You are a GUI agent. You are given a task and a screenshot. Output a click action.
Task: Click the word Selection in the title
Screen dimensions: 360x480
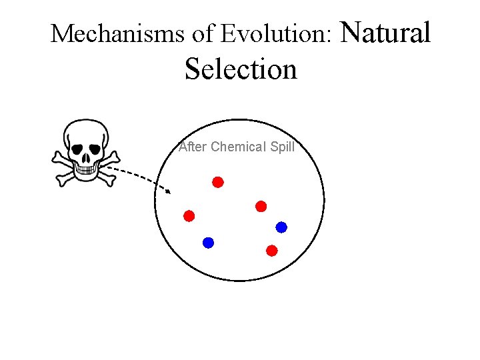point(241,69)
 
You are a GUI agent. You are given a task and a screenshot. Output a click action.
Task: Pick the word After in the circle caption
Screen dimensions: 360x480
point(193,147)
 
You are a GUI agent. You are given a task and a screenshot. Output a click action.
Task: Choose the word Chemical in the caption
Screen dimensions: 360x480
point(238,147)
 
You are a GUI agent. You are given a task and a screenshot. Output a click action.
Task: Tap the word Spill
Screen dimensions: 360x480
point(282,147)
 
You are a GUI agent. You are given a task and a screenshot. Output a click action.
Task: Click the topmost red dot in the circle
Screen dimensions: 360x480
point(218,182)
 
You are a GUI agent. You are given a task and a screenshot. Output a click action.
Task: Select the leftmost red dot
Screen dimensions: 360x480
point(189,216)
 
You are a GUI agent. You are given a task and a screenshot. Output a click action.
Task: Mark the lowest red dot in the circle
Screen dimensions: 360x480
point(271,251)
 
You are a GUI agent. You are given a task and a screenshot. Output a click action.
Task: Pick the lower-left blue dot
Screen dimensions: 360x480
point(208,243)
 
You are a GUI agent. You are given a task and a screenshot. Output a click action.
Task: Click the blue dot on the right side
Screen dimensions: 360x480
point(281,227)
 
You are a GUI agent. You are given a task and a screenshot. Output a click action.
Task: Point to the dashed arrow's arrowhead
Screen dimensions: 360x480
point(168,191)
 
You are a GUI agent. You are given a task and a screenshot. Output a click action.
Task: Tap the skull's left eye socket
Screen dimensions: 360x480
point(77,147)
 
